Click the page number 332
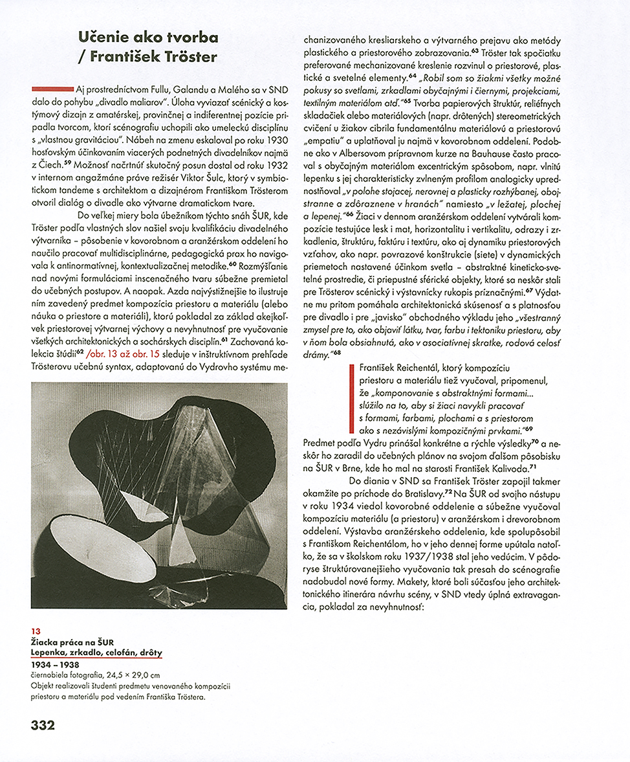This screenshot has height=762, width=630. tap(43, 724)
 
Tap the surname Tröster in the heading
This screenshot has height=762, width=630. tap(188, 56)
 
